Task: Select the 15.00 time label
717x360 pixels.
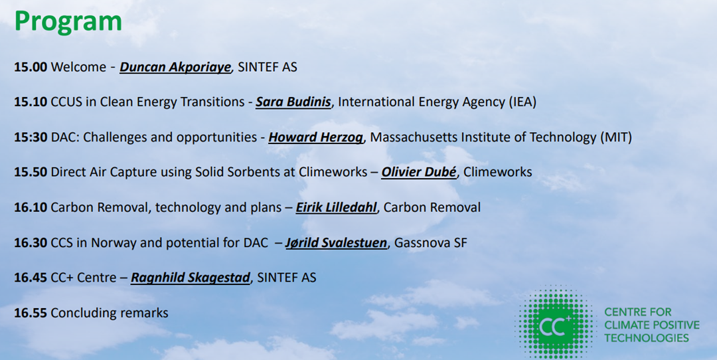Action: coord(31,67)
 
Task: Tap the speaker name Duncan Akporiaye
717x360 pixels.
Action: coord(175,67)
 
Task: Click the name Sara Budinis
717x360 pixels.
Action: coord(293,102)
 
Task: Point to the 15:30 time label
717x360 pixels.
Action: coord(31,137)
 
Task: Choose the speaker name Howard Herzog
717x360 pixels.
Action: coord(316,137)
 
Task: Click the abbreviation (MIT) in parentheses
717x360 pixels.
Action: coord(616,137)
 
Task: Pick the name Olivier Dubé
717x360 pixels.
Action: coord(419,172)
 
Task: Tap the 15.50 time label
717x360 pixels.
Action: coord(31,172)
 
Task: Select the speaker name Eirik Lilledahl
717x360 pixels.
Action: coord(336,207)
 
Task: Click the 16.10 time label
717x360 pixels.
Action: coord(31,207)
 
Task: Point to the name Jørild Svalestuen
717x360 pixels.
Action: coord(337,242)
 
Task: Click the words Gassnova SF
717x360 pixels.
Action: coord(431,242)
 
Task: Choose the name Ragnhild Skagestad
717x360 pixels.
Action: coord(191,278)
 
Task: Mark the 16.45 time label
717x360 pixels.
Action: coord(31,278)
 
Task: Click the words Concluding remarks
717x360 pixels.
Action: coord(110,313)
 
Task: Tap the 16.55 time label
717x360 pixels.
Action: coord(31,313)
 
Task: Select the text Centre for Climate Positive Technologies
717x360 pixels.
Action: coord(652,325)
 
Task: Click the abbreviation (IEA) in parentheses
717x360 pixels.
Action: coord(522,102)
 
